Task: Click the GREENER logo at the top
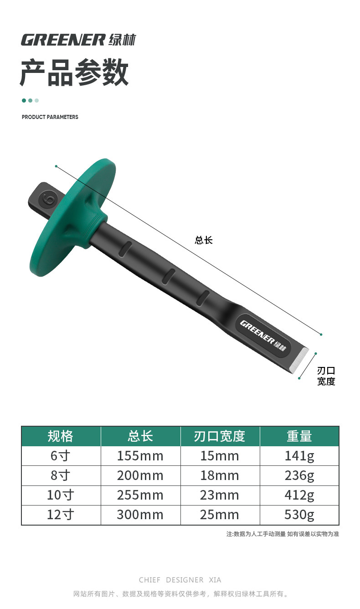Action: pos(78,40)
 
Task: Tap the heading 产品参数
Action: pos(74,72)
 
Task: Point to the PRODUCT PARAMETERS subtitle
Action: pos(50,117)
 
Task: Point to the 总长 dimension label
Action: pos(204,240)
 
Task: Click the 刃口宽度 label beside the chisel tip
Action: pos(326,376)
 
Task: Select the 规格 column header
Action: pos(61,436)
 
